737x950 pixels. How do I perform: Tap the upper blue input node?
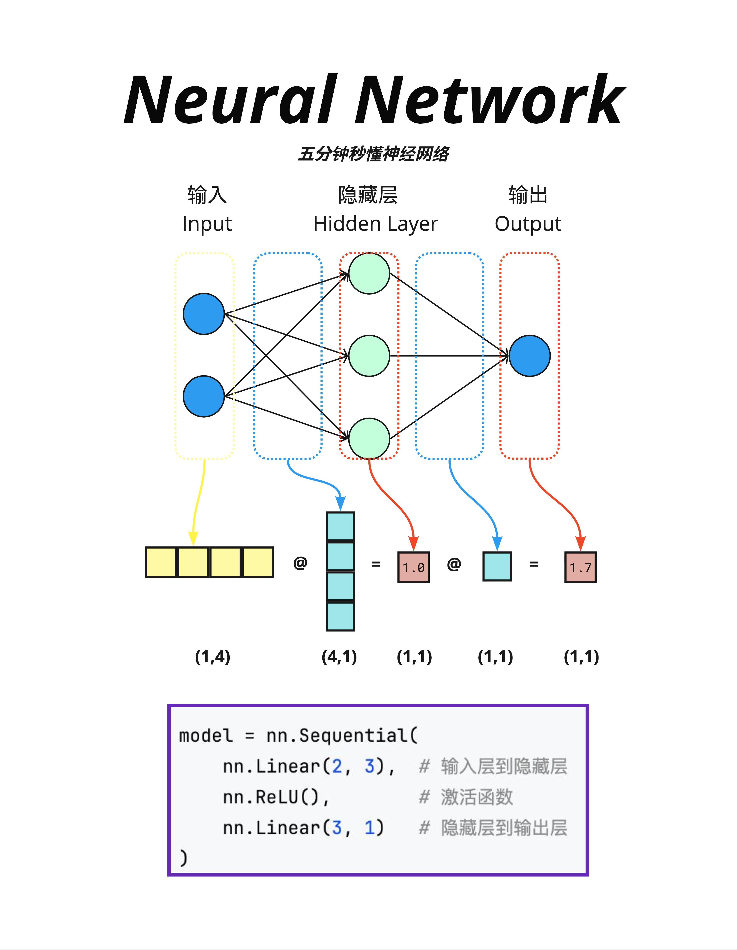coord(204,314)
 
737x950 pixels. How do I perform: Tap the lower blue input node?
coord(204,396)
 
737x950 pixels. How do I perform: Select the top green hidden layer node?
coord(369,274)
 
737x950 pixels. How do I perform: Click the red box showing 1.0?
coord(413,567)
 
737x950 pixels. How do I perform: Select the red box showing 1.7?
coord(580,567)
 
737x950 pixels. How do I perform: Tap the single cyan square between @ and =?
coord(497,566)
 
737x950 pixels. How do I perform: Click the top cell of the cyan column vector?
coord(340,526)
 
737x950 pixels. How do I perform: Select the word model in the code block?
coord(206,736)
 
